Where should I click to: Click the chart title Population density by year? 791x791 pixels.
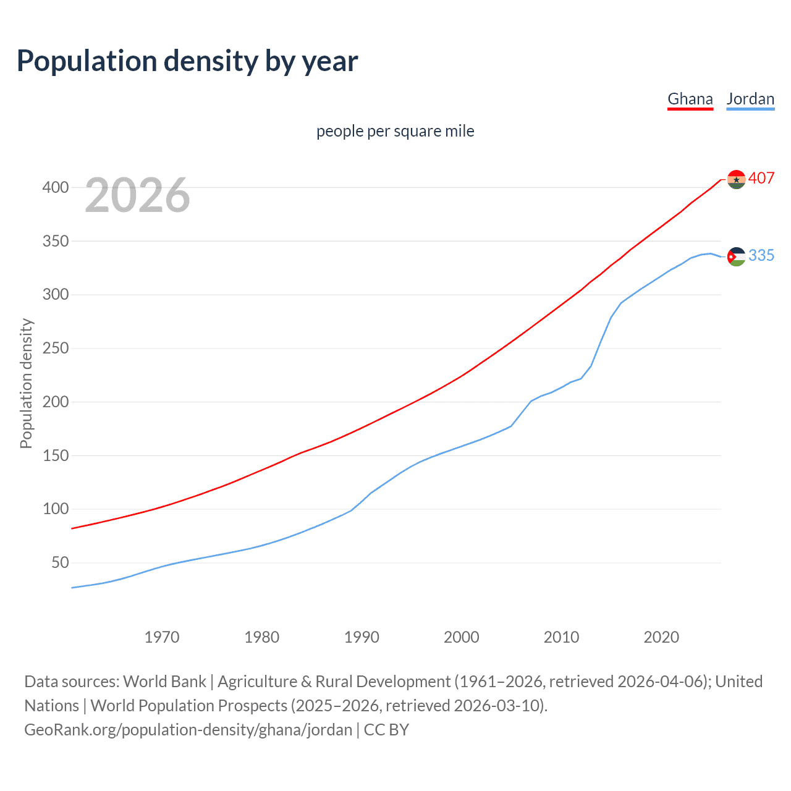point(187,61)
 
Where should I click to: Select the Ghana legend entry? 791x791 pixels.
point(690,99)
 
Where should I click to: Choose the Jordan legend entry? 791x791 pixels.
point(750,99)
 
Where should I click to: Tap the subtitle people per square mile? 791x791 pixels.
point(395,131)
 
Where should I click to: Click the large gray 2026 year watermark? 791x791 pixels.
point(137,195)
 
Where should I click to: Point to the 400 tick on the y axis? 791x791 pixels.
point(55,187)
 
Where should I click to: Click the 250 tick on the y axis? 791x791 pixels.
point(55,349)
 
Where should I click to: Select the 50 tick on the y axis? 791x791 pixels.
point(59,562)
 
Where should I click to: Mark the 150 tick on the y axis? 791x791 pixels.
point(55,455)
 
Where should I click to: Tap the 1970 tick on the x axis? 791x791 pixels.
point(162,637)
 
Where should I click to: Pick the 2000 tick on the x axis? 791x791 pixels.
point(461,637)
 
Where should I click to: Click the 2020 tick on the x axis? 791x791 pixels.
point(661,637)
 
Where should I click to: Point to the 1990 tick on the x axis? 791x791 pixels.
point(362,637)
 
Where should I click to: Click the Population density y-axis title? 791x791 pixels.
point(26,383)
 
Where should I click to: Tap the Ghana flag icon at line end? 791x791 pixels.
point(736,179)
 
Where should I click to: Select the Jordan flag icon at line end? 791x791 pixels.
point(736,256)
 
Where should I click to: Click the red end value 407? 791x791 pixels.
point(761,178)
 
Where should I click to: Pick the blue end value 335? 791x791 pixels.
point(761,255)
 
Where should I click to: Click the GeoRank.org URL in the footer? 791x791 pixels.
point(188,730)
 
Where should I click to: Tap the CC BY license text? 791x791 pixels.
point(386,730)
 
